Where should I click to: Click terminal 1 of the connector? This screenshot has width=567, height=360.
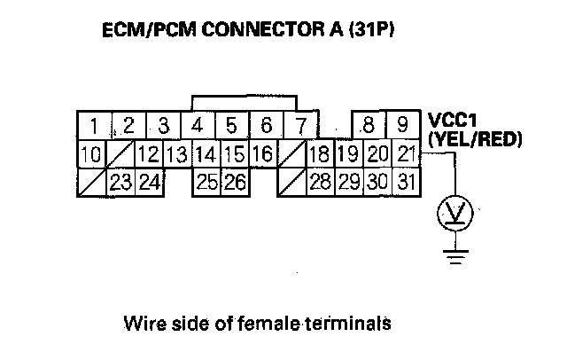coord(93,124)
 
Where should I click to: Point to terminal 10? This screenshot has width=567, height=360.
coord(89,153)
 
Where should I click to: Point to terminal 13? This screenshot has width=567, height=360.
coord(176,153)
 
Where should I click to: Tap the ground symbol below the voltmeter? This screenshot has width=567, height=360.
coord(455,258)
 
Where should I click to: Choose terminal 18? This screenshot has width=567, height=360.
coord(319,153)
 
